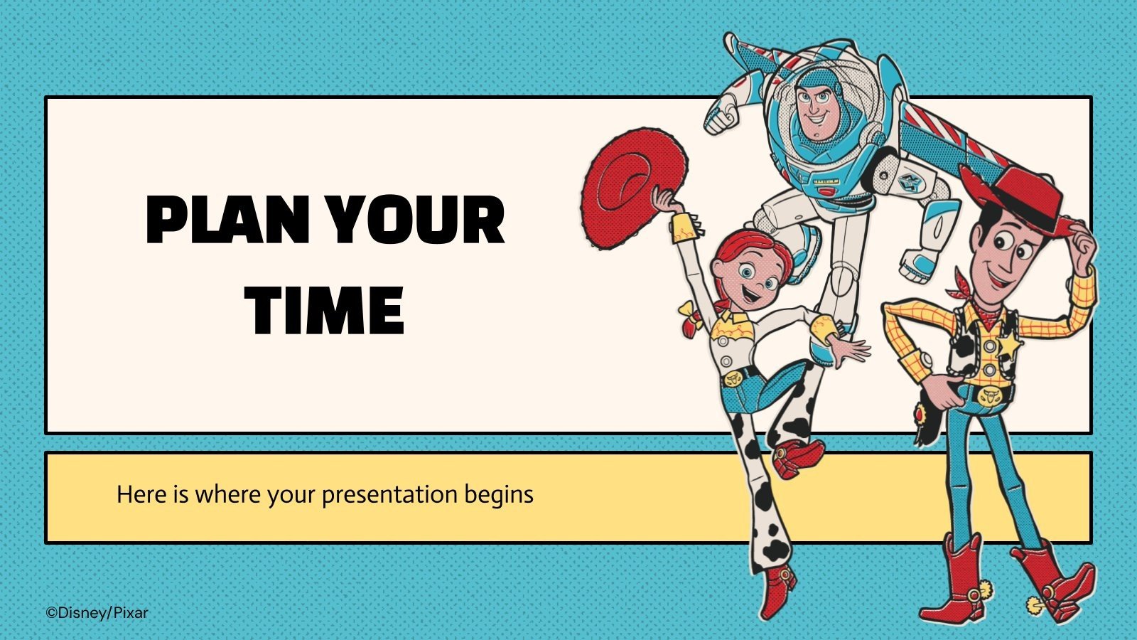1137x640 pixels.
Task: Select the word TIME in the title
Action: pyautogui.click(x=325, y=310)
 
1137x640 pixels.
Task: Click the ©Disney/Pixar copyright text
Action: pyautogui.click(x=97, y=612)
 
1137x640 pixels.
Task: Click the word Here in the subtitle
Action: pyautogui.click(x=141, y=494)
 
